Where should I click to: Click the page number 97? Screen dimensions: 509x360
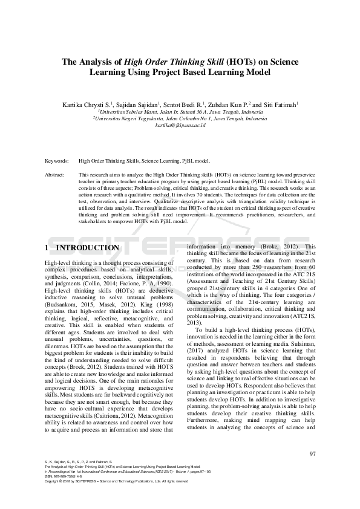pos(312,454)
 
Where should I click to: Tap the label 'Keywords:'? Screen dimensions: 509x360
pos(57,161)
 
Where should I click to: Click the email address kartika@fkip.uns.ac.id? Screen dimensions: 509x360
pos(181,125)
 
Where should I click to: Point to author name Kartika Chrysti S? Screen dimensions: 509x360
pos(86,105)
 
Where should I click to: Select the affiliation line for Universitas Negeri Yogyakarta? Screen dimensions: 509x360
pos(180,118)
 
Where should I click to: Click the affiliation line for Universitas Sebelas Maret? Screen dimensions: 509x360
pos(180,112)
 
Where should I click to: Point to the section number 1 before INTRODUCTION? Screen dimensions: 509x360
pos(48,248)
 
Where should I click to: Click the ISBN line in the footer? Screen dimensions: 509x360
pos(64,476)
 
